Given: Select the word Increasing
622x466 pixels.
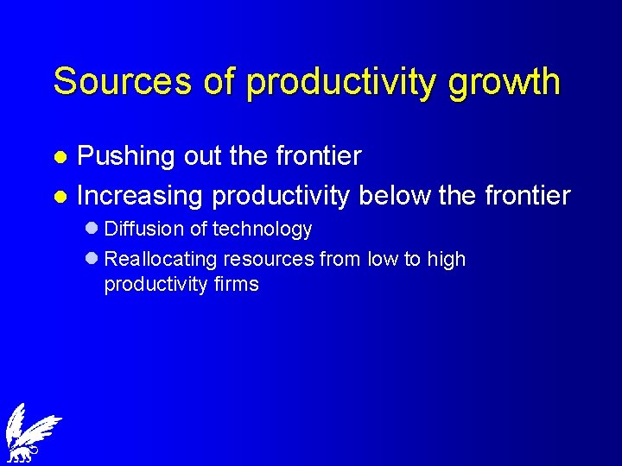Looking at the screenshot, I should (x=139, y=196).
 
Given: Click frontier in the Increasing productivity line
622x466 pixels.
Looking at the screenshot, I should (x=527, y=195).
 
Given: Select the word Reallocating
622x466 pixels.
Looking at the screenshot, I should (x=162, y=260).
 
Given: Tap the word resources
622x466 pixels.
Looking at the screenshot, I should (x=270, y=260).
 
